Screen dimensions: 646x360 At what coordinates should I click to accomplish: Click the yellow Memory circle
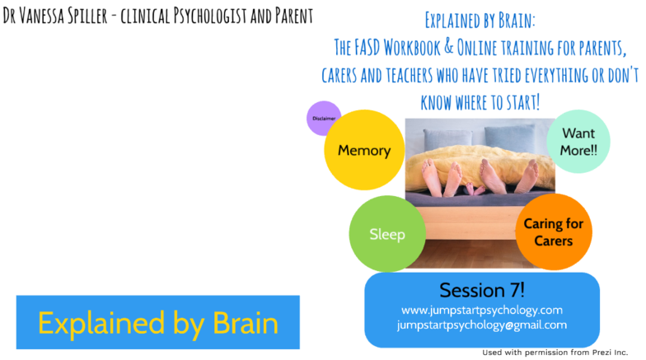coord(364,150)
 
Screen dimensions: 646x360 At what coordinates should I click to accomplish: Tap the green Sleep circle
coord(387,234)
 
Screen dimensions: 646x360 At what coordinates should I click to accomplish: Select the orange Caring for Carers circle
coord(554,232)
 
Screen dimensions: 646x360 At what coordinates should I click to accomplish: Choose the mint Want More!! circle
coord(578,142)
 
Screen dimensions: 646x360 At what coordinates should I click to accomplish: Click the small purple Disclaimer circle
coord(324,119)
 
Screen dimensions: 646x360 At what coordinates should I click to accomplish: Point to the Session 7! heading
coord(482,290)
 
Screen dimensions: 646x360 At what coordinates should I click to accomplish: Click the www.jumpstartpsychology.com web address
coord(482,310)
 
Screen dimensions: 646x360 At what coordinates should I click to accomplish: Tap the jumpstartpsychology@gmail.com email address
coord(482,325)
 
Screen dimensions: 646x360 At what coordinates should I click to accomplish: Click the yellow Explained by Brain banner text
coord(158,323)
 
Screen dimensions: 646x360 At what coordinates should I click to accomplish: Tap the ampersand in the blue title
coord(448,47)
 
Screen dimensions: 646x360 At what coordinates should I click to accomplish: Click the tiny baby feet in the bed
coord(475,189)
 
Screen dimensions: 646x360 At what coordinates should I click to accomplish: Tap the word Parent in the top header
coord(294,16)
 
